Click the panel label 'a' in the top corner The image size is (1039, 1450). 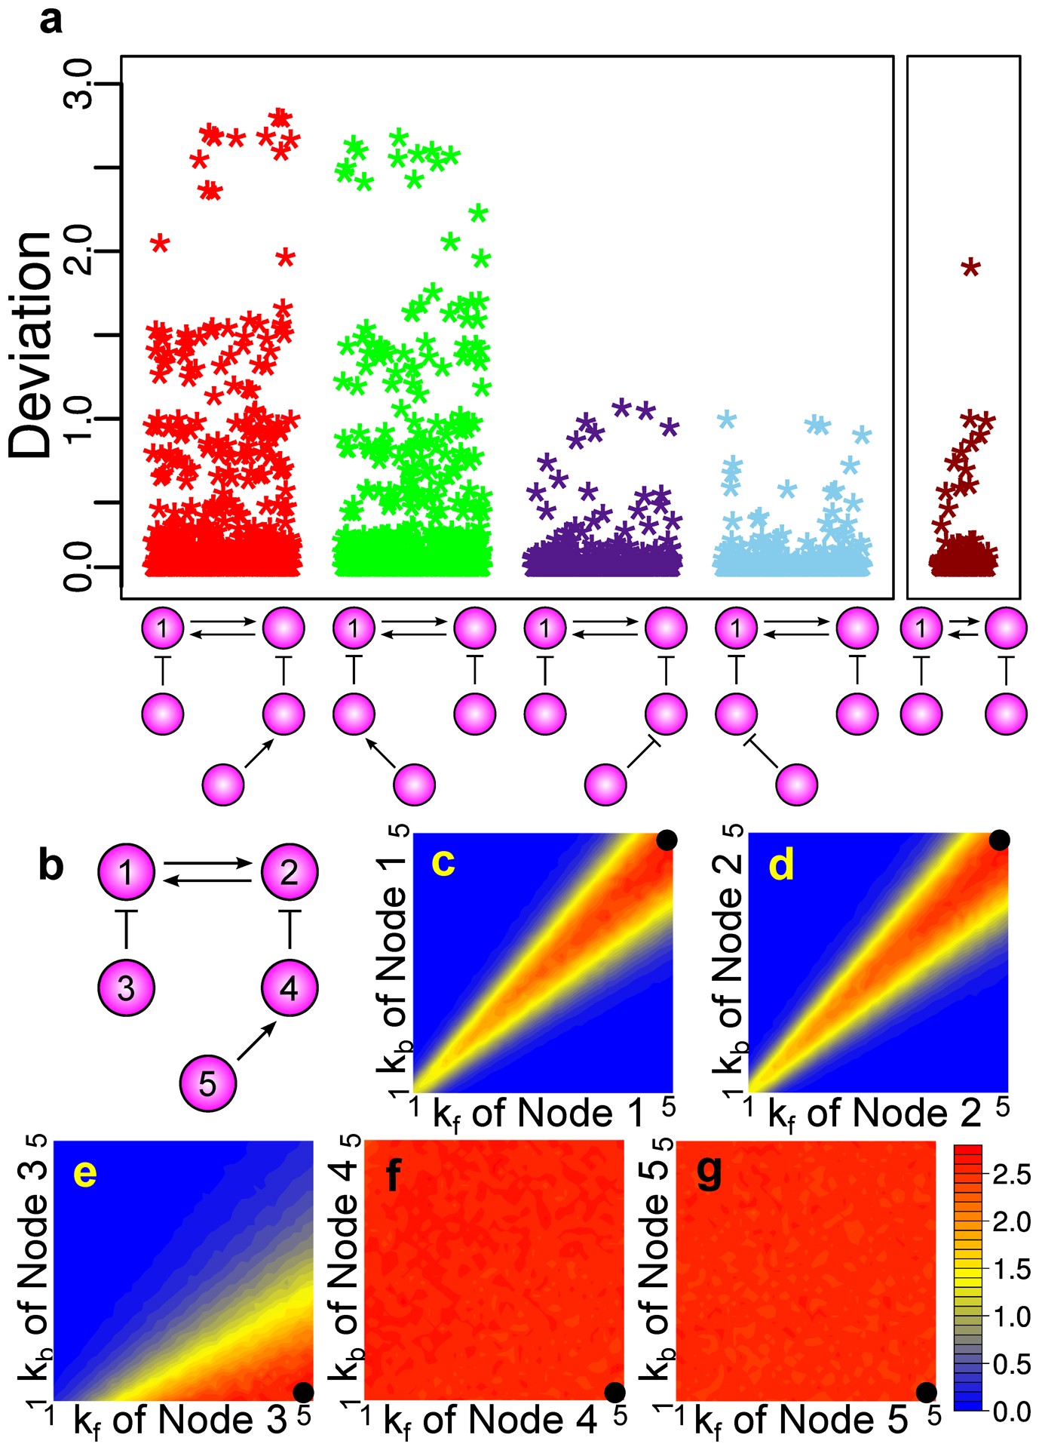click(x=51, y=20)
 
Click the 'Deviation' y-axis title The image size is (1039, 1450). click(x=32, y=345)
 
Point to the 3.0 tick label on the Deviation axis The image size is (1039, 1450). click(x=78, y=84)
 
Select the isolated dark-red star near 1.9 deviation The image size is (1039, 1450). click(x=970, y=267)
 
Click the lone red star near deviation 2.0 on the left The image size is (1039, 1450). click(x=160, y=243)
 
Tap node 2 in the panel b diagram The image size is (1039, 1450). click(x=290, y=872)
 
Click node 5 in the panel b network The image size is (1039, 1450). click(x=207, y=1084)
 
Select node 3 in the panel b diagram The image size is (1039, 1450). click(x=126, y=988)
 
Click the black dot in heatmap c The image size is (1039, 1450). click(x=666, y=840)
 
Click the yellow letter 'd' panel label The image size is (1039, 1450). click(x=781, y=865)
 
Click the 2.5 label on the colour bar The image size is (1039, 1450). click(x=1011, y=1175)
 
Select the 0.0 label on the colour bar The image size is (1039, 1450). click(x=1011, y=1411)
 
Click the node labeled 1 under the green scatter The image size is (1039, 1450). click(x=354, y=628)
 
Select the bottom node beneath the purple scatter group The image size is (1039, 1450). click(x=605, y=785)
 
